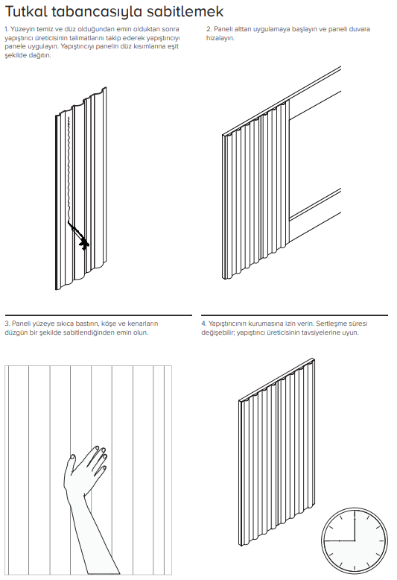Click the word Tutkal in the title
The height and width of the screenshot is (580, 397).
[x=26, y=11]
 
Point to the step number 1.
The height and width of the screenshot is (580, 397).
[x=6, y=29]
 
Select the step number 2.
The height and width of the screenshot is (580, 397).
[x=209, y=29]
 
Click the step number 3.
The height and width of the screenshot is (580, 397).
[x=7, y=324]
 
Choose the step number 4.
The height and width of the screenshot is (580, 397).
[x=203, y=324]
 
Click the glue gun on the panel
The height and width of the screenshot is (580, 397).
[x=79, y=236]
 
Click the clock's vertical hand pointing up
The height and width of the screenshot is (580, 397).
[x=355, y=526]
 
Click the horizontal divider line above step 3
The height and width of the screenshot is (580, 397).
[x=98, y=315]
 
